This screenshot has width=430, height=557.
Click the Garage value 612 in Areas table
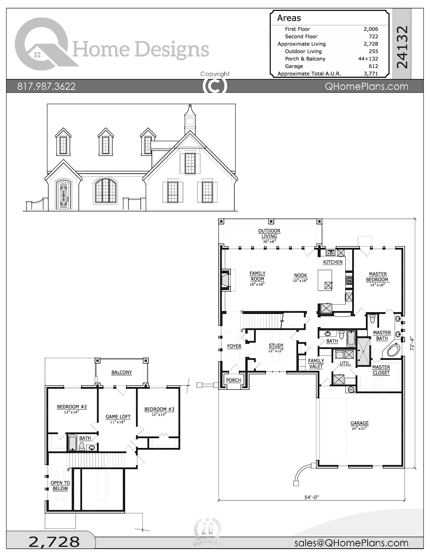373,66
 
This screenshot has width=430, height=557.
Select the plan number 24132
402,47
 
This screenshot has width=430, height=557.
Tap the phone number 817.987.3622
47,86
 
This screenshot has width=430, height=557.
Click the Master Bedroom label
377,277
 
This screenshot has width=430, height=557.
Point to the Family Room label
257,276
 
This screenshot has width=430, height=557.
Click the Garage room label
359,423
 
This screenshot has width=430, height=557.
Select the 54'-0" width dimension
311,497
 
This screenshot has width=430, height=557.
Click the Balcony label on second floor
121,373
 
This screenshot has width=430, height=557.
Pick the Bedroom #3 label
159,409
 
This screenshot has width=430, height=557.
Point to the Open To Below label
60,486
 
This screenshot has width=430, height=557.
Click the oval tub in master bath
394,350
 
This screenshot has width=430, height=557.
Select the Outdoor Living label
269,234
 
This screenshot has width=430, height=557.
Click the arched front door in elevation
64,195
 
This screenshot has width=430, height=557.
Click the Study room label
276,346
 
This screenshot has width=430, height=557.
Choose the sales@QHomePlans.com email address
351,543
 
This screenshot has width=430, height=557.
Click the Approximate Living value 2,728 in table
371,44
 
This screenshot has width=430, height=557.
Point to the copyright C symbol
214,86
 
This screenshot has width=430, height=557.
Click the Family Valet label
316,364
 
